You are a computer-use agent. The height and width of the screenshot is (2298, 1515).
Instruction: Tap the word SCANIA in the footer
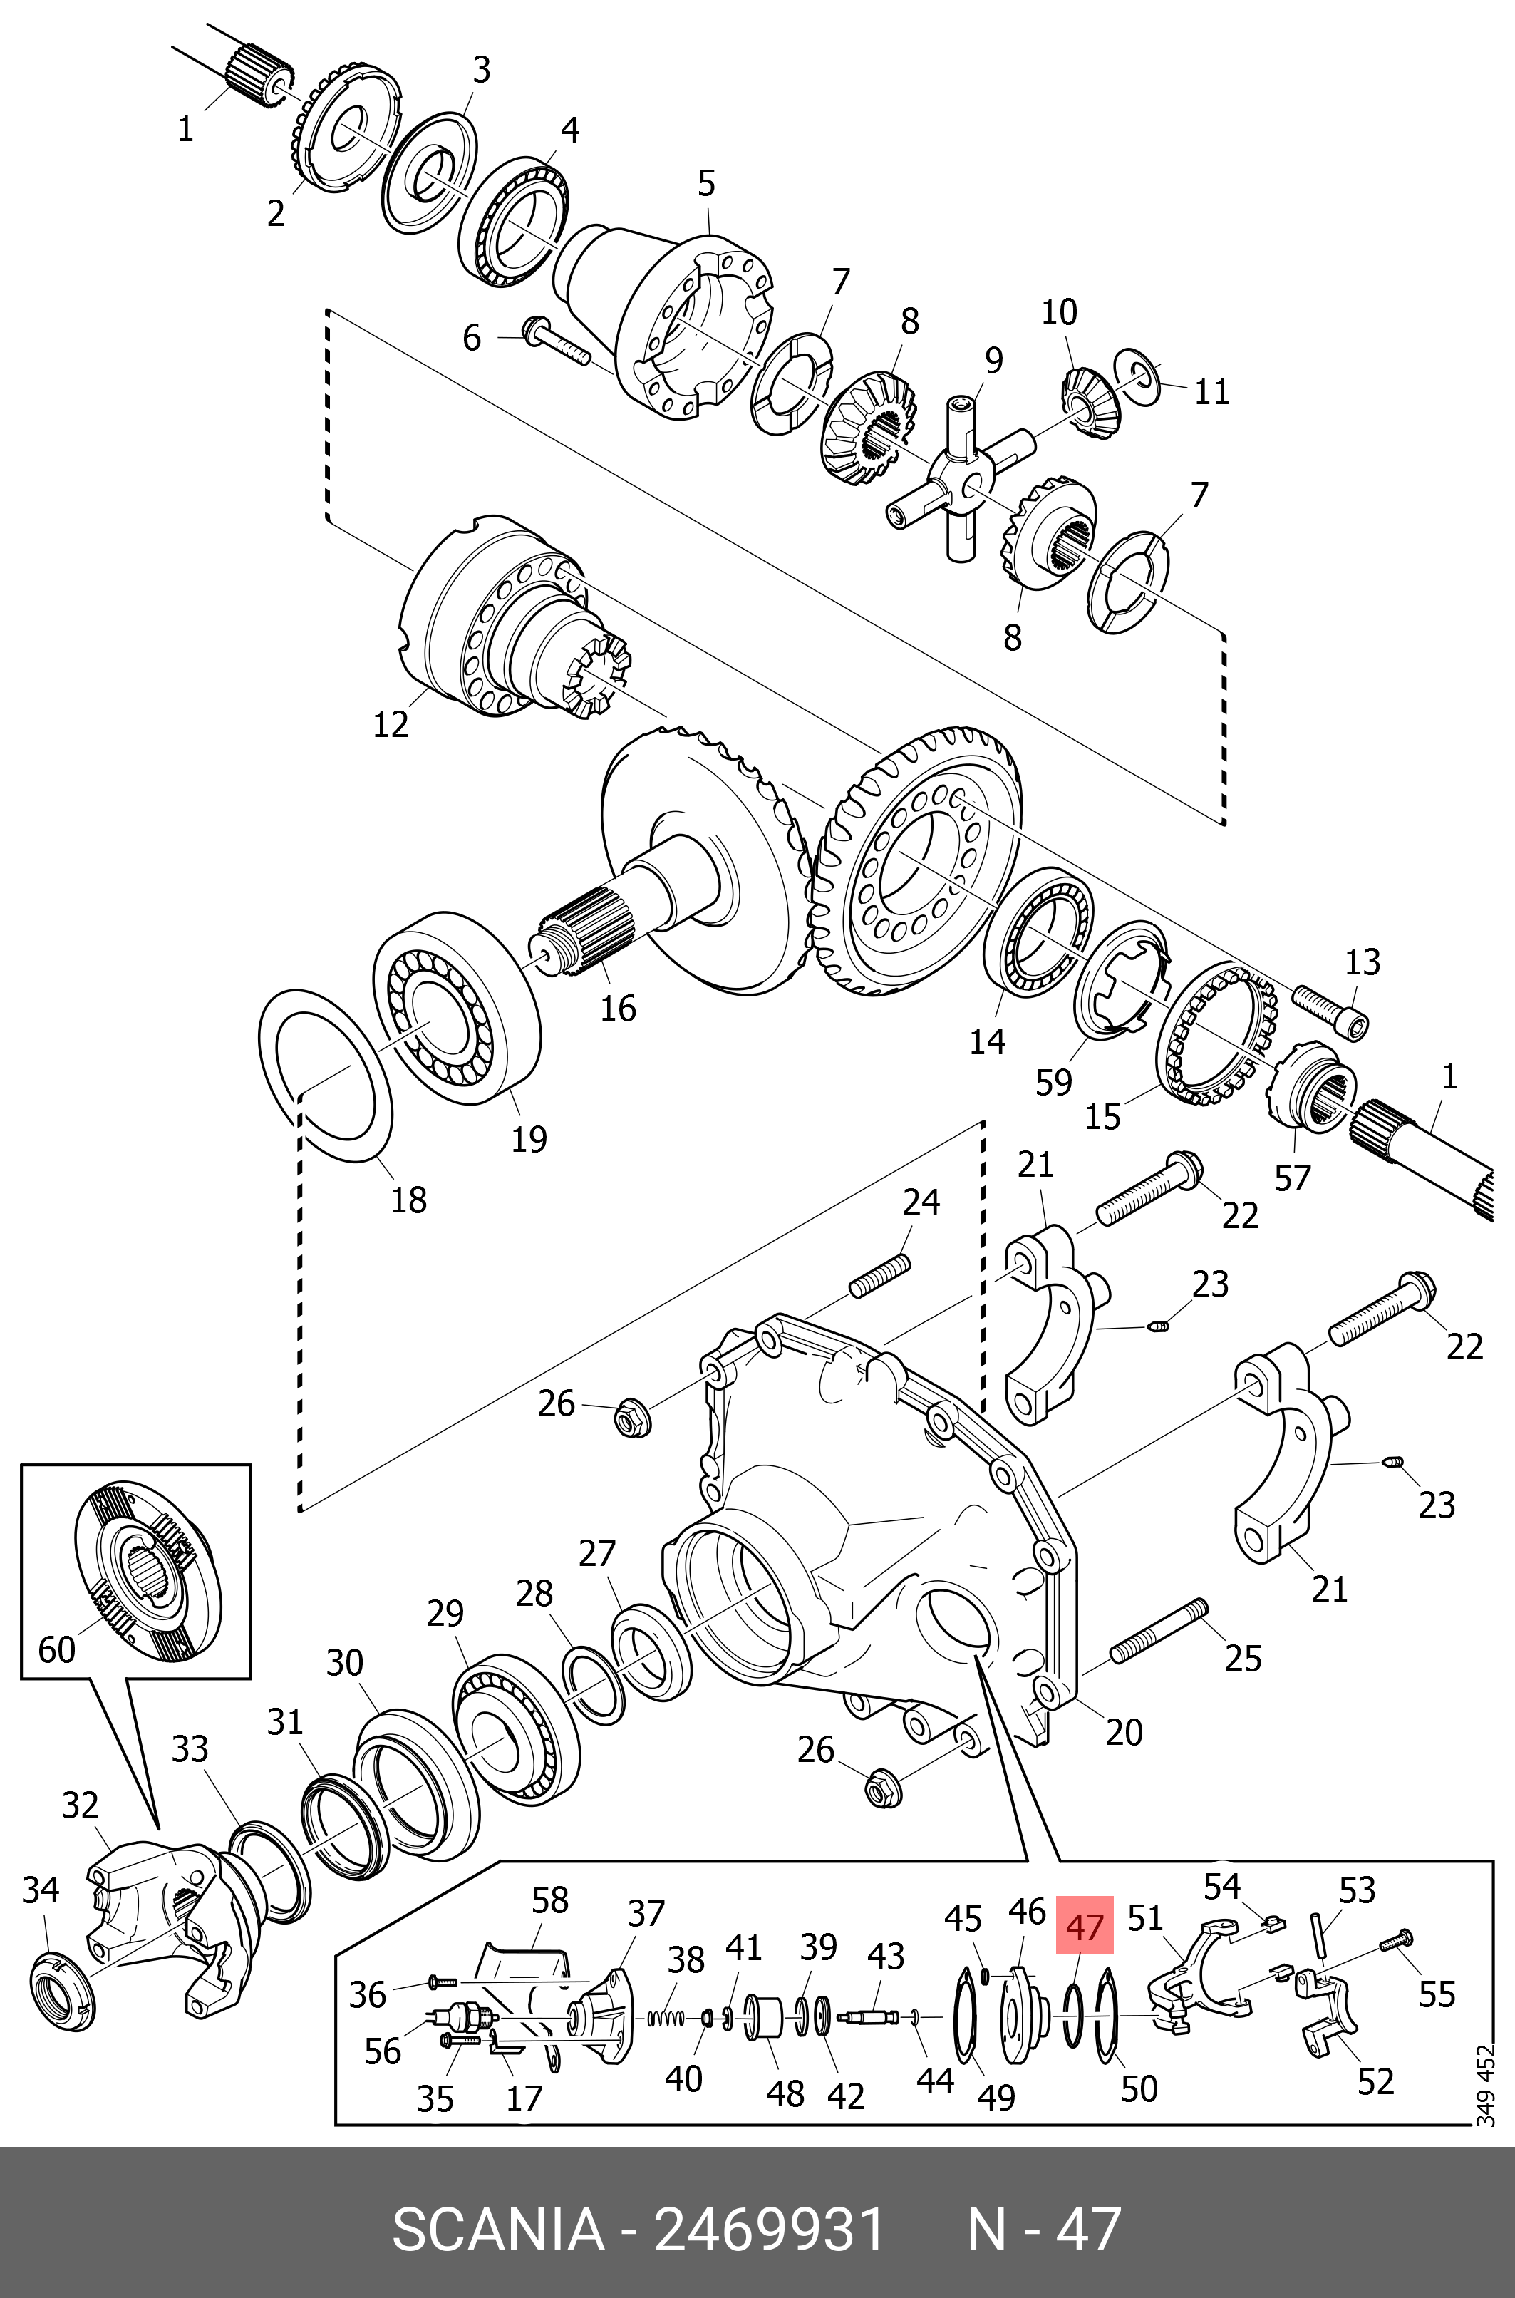pos(497,2230)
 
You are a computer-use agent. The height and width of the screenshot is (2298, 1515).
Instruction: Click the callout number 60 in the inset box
pos(56,1649)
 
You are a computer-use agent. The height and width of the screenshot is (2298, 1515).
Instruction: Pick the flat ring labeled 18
pos(325,1073)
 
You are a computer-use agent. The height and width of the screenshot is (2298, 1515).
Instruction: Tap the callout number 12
pos(391,723)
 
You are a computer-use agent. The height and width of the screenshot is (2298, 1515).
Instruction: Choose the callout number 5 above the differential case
pos(706,184)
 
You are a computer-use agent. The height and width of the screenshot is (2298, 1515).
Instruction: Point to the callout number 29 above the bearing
pos(445,1613)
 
